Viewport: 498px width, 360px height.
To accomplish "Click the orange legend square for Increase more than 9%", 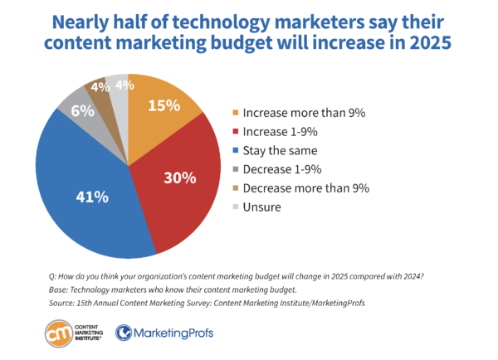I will tap(236, 110).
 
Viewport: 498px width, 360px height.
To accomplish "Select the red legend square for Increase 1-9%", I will tap(236, 130).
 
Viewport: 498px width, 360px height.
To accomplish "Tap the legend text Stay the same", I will tap(279, 150).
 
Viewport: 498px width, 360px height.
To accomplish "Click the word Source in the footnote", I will tap(66, 305).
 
